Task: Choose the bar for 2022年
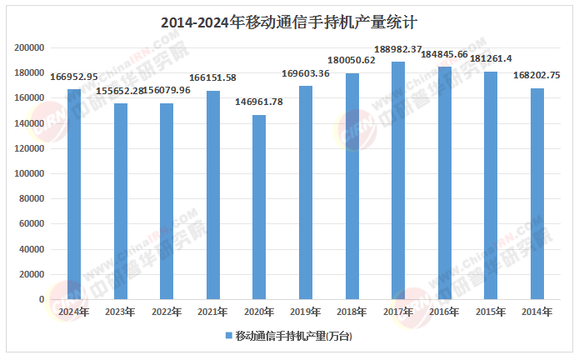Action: [167, 201]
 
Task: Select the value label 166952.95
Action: [74, 77]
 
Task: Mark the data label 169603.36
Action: [306, 73]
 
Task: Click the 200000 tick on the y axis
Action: [30, 47]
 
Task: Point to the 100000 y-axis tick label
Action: [30, 173]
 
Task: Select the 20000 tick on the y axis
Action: [32, 274]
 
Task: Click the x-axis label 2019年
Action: [306, 312]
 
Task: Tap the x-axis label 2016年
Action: [444, 312]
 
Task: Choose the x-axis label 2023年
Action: [120, 312]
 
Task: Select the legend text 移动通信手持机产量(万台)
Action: [293, 336]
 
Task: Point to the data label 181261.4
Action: [491, 59]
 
